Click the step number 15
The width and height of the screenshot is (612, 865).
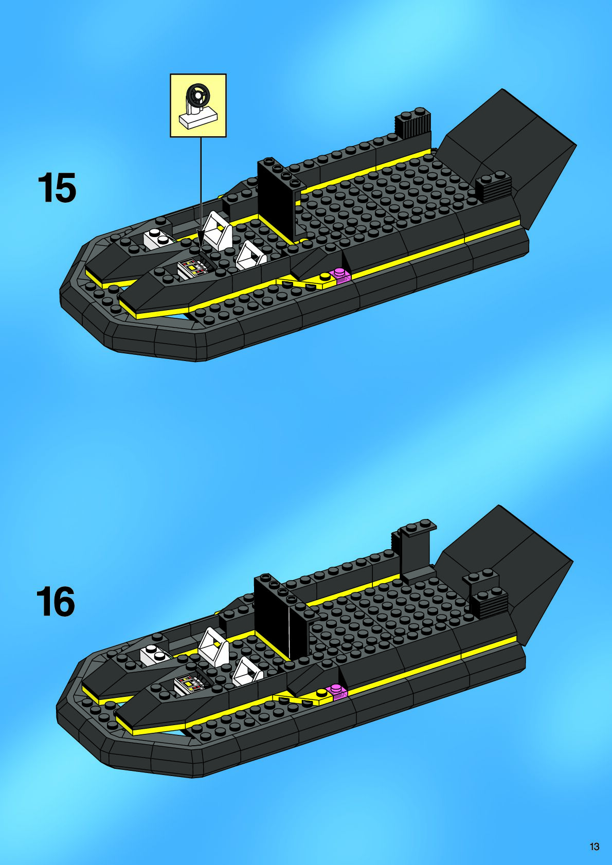pyautogui.click(x=57, y=188)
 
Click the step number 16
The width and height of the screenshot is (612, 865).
pyautogui.click(x=56, y=602)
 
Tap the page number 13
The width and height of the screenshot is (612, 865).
pyautogui.click(x=595, y=846)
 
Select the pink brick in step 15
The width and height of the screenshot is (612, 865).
pyautogui.click(x=341, y=275)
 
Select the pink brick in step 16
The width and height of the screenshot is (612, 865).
pyautogui.click(x=337, y=692)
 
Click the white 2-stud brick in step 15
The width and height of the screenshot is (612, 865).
pyautogui.click(x=158, y=239)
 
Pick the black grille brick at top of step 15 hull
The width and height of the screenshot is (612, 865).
pyautogui.click(x=412, y=123)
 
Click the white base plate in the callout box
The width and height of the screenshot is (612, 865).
pyautogui.click(x=198, y=118)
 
